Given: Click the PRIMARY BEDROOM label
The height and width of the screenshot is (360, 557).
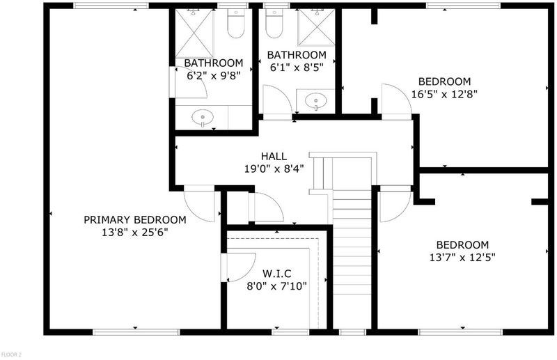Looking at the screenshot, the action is point(135,219).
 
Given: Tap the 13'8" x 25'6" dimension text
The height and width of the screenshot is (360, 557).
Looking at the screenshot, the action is point(135,233).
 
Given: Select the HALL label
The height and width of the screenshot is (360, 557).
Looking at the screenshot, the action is point(274,156).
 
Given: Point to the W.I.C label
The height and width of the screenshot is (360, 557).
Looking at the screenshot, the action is point(276,274).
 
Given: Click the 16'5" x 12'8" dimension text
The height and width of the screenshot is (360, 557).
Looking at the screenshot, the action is point(444,94).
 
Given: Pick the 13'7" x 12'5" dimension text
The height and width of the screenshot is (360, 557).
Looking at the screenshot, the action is point(462,257).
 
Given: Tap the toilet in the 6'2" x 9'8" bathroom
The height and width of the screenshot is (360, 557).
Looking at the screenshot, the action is point(236,24).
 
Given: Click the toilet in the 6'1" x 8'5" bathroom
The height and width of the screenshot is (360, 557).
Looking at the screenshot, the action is point(274,24).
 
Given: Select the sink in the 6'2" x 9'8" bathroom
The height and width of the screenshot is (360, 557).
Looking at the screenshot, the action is point(203,118).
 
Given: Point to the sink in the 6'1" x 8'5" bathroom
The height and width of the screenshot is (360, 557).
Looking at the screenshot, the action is point(316,101).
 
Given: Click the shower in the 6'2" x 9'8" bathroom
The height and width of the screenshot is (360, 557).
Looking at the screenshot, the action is point(194,33).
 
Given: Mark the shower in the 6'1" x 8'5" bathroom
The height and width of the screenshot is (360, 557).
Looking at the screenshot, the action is point(316,27).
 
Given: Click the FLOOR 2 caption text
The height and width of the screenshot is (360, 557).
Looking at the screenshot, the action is point(11,354).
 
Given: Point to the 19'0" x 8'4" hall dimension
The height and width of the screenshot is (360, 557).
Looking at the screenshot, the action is point(274,169).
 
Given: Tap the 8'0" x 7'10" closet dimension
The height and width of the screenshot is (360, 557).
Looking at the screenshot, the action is point(276,286).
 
